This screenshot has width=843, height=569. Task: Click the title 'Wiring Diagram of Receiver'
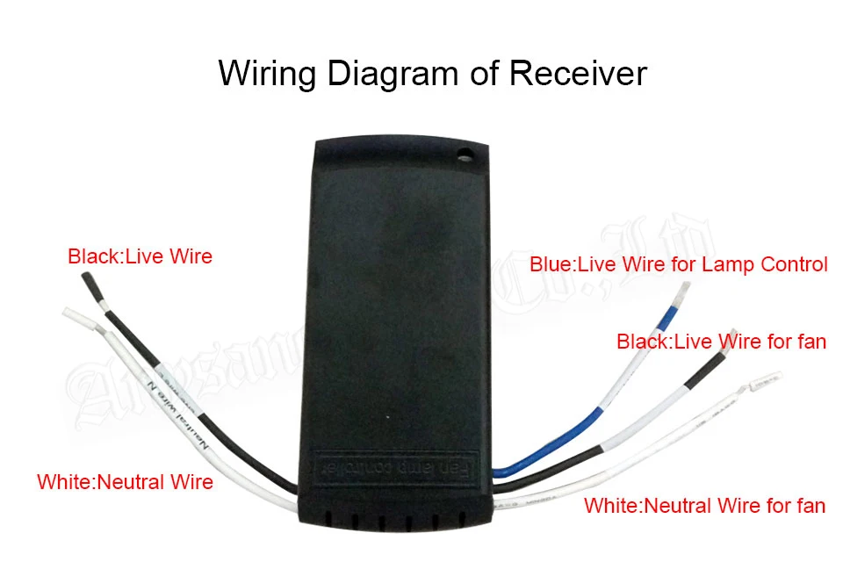pos(432,72)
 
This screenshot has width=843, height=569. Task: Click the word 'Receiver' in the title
pos(578,72)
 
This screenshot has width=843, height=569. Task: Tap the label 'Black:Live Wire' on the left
pos(140,257)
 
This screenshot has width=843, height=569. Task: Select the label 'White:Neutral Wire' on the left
pos(125,481)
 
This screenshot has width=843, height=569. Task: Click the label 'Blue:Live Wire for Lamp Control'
pos(679,264)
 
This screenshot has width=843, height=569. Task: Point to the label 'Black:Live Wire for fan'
pos(721,341)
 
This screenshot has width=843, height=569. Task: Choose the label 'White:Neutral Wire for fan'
pos(704,505)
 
